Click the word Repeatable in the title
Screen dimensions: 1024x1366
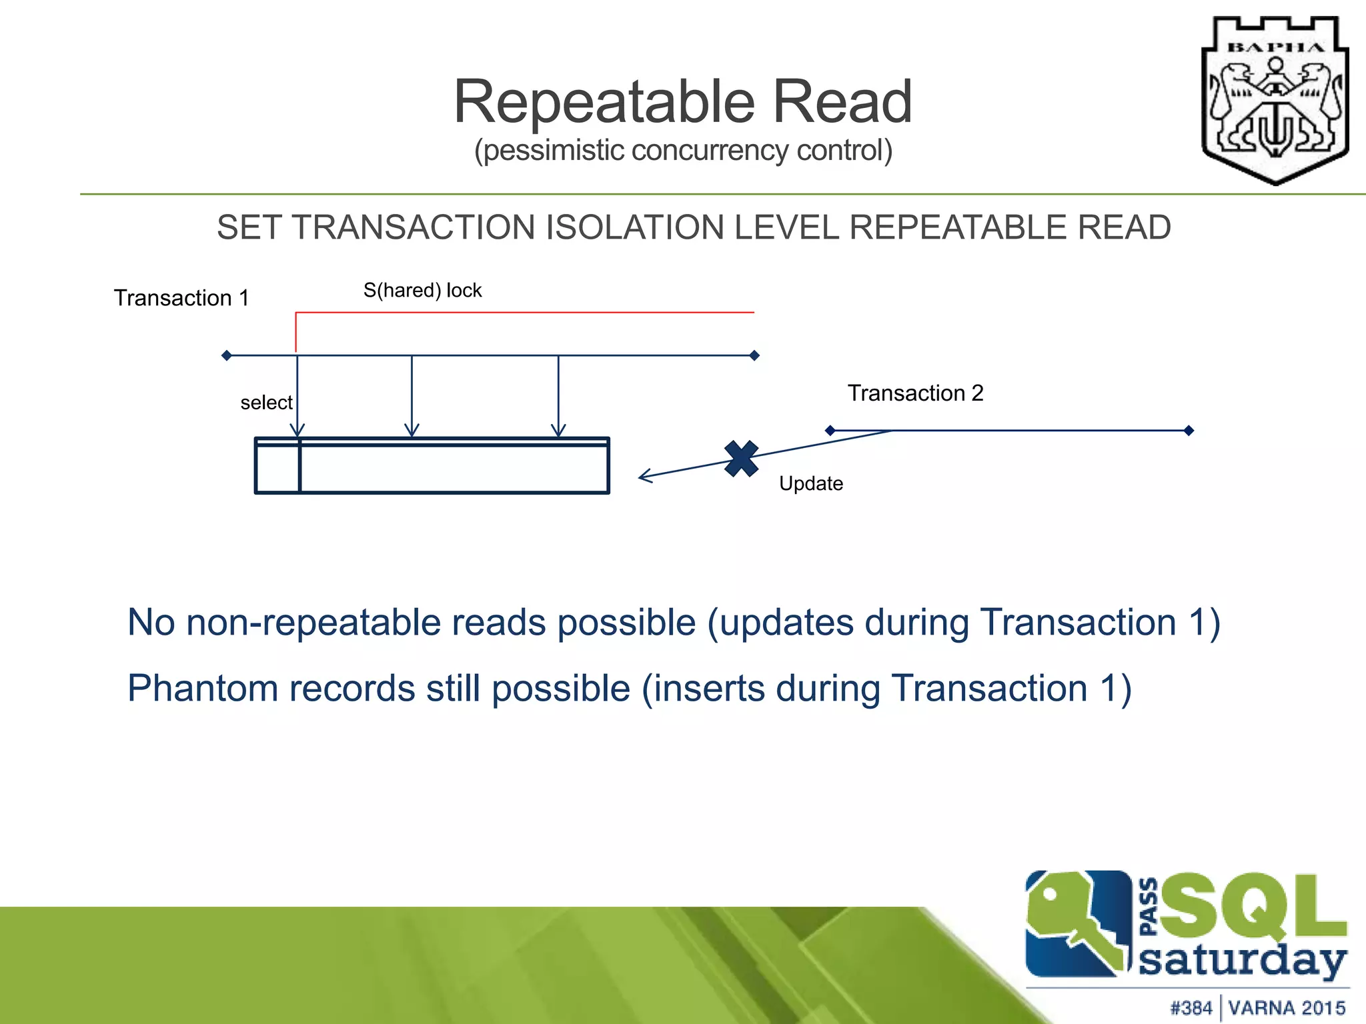604,102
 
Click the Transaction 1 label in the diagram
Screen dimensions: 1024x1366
181,298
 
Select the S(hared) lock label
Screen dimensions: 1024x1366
422,291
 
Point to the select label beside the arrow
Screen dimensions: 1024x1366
266,403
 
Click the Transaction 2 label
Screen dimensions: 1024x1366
915,393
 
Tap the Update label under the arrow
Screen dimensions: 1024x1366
810,483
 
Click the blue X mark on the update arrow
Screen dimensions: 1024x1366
741,459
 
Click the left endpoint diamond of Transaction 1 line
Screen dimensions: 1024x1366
227,355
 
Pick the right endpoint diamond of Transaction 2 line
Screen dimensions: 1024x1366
1189,431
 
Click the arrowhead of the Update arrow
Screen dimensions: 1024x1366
643,476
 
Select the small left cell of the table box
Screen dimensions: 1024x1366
277,467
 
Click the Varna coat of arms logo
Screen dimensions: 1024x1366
1275,100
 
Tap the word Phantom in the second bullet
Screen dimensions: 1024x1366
202,689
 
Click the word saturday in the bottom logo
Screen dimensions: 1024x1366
1241,961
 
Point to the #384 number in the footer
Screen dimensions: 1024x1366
1191,1007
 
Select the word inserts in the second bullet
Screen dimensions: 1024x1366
708,689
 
